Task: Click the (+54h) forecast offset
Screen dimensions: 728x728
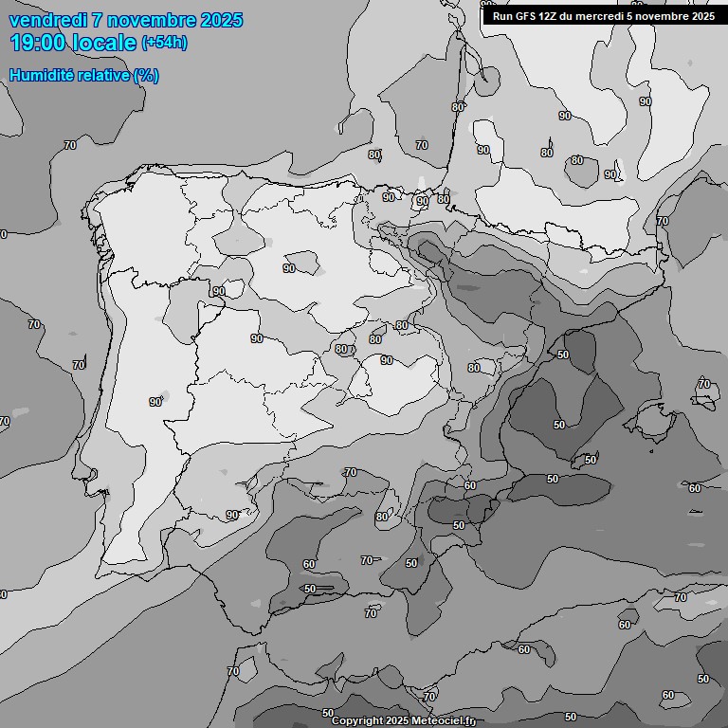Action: [163, 43]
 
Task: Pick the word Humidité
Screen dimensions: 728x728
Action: [40, 75]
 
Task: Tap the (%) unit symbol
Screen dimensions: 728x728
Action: [146, 75]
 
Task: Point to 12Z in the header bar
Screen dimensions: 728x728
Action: [554, 16]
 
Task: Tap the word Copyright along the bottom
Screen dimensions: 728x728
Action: [356, 721]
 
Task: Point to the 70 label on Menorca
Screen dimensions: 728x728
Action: [703, 384]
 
